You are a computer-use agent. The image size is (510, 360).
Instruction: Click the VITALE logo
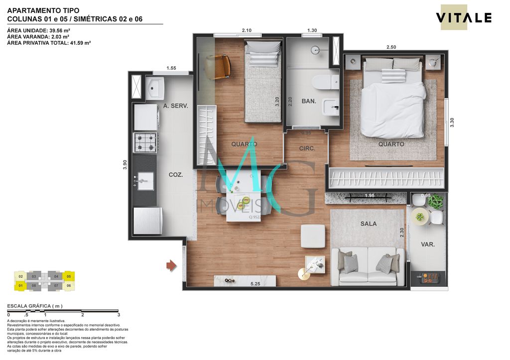pos(464,18)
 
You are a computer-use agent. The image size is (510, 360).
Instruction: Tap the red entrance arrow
pos(171,266)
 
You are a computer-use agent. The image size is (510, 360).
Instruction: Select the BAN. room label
pos(309,101)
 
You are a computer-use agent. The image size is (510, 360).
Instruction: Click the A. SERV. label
pos(175,106)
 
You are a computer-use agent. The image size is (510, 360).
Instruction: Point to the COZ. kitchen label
pos(175,175)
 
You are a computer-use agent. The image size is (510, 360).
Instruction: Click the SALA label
pos(369,224)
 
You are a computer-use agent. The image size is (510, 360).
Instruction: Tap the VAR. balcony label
pos(427,244)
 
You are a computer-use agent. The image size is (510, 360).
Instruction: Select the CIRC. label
pos(307,148)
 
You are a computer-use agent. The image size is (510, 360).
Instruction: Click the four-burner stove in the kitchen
pos(145,142)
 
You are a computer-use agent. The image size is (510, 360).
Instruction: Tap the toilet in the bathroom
pos(324,81)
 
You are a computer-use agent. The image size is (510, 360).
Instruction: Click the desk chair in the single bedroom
pos(219,66)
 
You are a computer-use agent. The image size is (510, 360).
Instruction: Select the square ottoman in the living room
pos(313,236)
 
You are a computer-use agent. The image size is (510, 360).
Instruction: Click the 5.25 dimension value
pos(255,284)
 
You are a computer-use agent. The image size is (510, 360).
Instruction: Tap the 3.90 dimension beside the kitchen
pos(125,165)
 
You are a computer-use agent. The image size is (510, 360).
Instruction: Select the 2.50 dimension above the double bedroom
pos(391,47)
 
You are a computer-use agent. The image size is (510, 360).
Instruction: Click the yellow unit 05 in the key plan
pos(69,276)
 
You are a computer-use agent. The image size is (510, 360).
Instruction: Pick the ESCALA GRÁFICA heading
pos(34,306)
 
